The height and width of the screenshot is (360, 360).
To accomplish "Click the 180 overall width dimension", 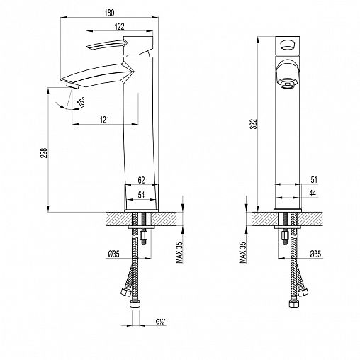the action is click(109, 13).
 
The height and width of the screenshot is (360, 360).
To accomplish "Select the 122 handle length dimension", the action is click(119, 26).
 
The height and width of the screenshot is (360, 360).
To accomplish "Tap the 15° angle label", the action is click(81, 102).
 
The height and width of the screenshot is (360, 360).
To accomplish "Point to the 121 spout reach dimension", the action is click(104, 120).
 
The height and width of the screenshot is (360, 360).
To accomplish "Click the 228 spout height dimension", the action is click(45, 153).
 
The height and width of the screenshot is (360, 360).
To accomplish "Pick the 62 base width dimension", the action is click(141, 180).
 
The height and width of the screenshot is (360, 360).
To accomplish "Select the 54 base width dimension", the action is click(141, 195).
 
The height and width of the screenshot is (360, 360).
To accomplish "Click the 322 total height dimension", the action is click(254, 124).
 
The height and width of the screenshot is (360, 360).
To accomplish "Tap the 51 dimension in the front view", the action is click(314, 180).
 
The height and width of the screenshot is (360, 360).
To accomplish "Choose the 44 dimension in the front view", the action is click(313, 193).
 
